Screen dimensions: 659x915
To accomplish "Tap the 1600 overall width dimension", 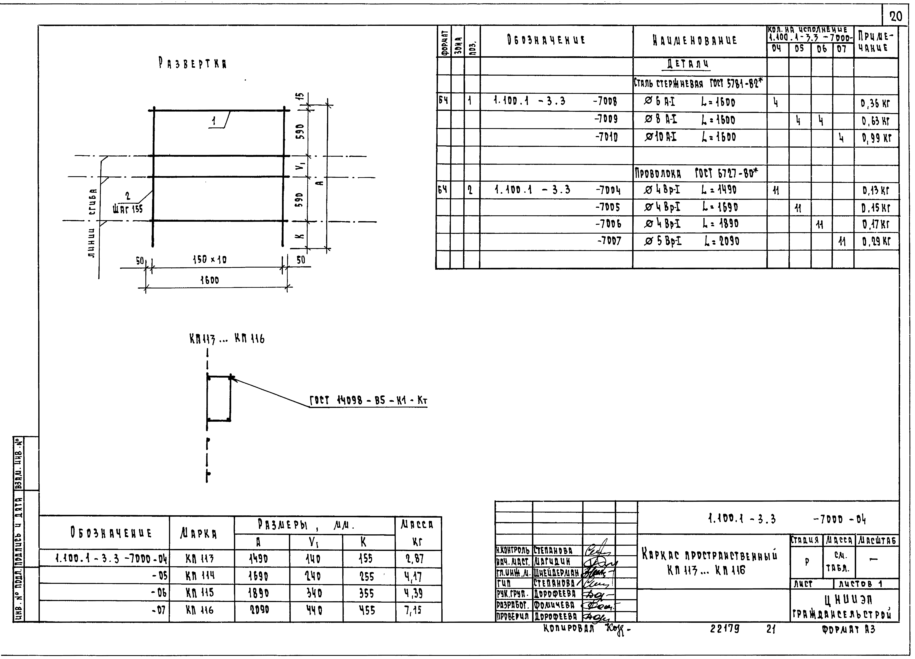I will [x=209, y=280].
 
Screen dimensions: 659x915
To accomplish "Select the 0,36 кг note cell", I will [x=875, y=104].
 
